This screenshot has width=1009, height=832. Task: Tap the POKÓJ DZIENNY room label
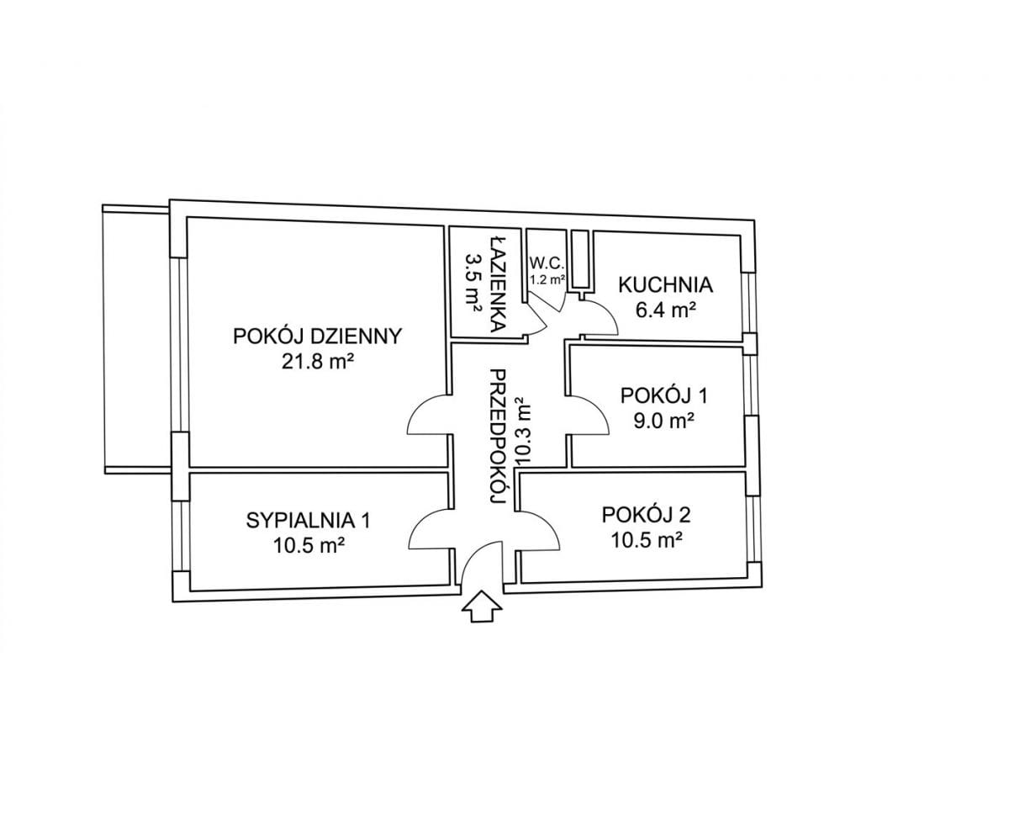(318, 336)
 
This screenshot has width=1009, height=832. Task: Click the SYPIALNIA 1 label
(309, 520)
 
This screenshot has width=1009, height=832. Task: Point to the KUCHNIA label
(665, 284)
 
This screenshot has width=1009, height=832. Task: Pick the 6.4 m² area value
(665, 310)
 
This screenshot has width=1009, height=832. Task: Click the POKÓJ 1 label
(664, 395)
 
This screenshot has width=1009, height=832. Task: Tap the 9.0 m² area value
(664, 421)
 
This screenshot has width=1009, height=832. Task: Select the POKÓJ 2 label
(646, 516)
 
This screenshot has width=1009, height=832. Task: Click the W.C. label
(547, 263)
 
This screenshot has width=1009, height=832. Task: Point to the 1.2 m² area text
(547, 279)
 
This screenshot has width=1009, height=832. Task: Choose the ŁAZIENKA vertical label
(498, 284)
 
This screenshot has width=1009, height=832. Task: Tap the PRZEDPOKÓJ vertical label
(497, 437)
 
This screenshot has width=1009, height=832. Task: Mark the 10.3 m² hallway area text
(523, 432)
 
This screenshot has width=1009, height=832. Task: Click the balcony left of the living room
(137, 338)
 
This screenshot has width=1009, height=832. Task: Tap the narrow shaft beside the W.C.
(580, 260)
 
